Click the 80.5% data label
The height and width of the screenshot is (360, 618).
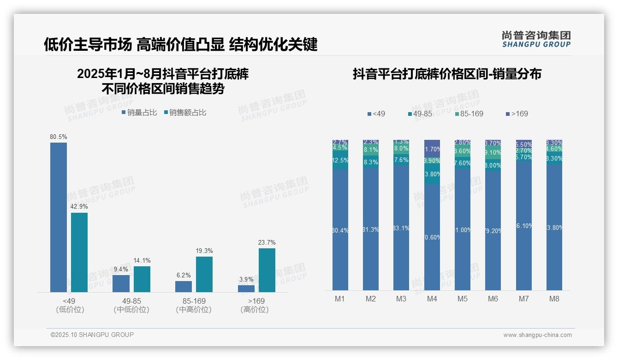click(x=59, y=137)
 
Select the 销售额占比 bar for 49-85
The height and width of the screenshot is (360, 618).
click(x=142, y=279)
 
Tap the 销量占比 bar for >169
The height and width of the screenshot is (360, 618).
click(x=246, y=288)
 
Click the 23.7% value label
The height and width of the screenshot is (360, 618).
click(x=267, y=242)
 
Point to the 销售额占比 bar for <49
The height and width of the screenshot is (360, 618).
click(x=79, y=252)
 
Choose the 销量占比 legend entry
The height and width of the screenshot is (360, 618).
click(x=139, y=112)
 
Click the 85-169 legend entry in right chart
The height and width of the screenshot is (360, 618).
click(x=469, y=114)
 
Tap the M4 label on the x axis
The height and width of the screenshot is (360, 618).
click(x=432, y=299)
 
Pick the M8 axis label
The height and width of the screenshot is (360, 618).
click(x=554, y=299)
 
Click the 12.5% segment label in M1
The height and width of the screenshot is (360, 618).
click(x=340, y=160)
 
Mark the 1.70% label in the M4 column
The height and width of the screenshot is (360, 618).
click(x=432, y=149)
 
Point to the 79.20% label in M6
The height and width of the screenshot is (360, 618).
click(x=493, y=231)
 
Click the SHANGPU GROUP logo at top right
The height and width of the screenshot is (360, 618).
click(x=536, y=39)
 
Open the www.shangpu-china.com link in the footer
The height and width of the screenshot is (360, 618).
click(x=537, y=335)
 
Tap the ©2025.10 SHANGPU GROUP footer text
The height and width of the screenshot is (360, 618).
click(x=92, y=335)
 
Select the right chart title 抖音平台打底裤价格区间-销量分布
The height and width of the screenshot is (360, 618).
click(x=447, y=74)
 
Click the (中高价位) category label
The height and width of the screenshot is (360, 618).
click(x=194, y=310)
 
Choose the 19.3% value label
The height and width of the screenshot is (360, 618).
click(x=204, y=251)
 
